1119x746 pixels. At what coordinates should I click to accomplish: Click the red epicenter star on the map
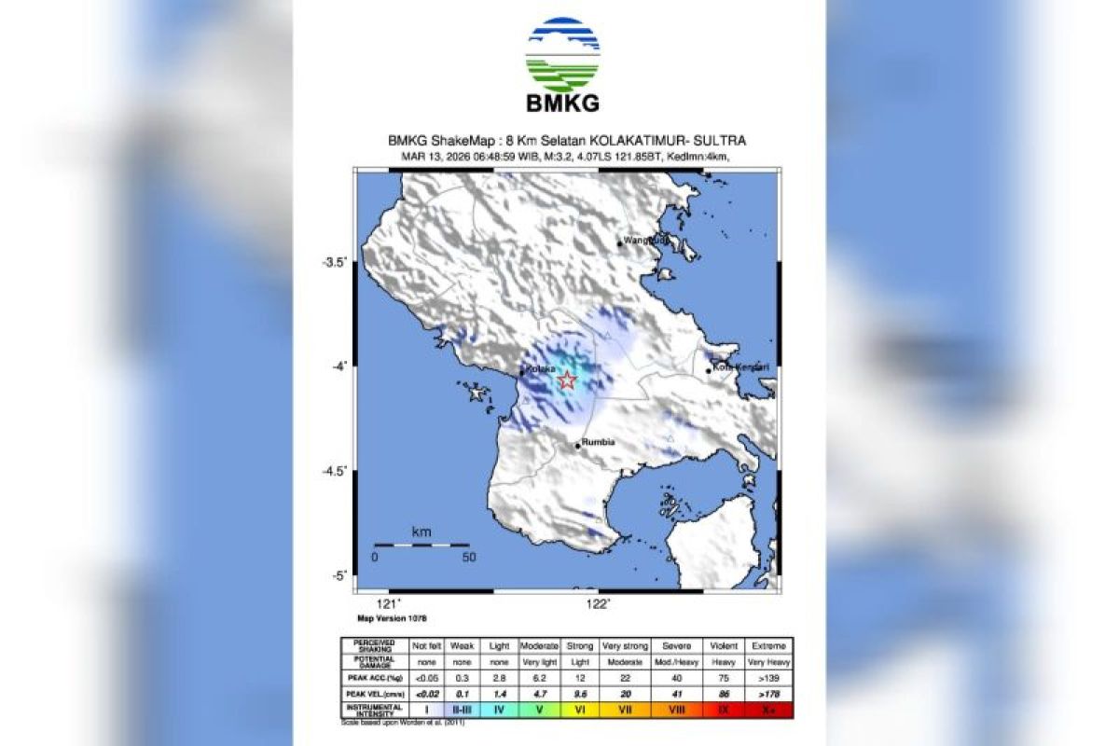(x=567, y=380)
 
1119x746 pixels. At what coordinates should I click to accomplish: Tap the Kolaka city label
(x=542, y=369)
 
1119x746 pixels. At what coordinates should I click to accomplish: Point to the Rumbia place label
(x=598, y=442)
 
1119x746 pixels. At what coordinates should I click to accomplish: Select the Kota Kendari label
(x=741, y=367)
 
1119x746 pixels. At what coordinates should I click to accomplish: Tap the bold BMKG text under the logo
(x=563, y=104)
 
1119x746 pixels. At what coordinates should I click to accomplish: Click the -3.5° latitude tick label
(x=335, y=262)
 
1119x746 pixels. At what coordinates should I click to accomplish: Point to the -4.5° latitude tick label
(x=335, y=471)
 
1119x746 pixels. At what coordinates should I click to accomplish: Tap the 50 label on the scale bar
(x=469, y=558)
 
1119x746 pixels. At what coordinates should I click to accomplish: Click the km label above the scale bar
(x=421, y=532)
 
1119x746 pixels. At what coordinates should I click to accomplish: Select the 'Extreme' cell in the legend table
(x=769, y=645)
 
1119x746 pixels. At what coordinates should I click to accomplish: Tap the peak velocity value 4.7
(x=541, y=695)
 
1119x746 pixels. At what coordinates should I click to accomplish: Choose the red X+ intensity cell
(x=769, y=710)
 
